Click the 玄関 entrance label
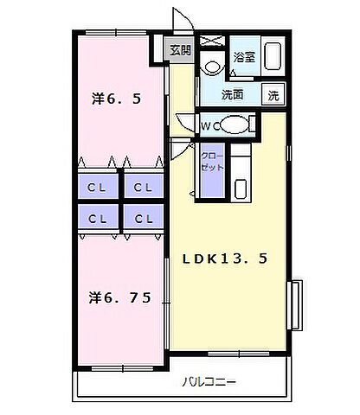pyautogui.click(x=179, y=49)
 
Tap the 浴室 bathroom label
pyautogui.click(x=244, y=57)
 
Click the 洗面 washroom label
pyautogui.click(x=232, y=93)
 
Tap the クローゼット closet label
pyautogui.click(x=211, y=162)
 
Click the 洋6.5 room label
pyautogui.click(x=116, y=98)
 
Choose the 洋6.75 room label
pyautogui.click(x=120, y=298)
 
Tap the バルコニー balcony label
pyautogui.click(x=207, y=381)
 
